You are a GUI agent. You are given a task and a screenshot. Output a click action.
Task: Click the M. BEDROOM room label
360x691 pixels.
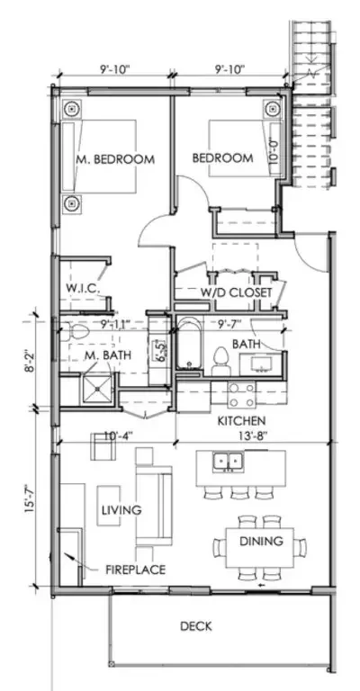[114, 159]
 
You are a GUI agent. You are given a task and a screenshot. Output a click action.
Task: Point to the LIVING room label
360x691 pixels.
[120, 510]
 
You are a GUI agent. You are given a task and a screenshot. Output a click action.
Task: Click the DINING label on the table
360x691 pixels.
[261, 541]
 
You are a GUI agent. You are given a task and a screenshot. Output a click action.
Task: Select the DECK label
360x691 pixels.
[194, 627]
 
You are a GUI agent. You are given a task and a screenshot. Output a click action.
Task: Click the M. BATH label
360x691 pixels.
[108, 355]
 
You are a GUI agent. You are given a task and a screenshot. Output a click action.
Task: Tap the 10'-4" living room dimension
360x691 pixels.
[117, 436]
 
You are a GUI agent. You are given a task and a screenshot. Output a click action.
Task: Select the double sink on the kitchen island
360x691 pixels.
[227, 462]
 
